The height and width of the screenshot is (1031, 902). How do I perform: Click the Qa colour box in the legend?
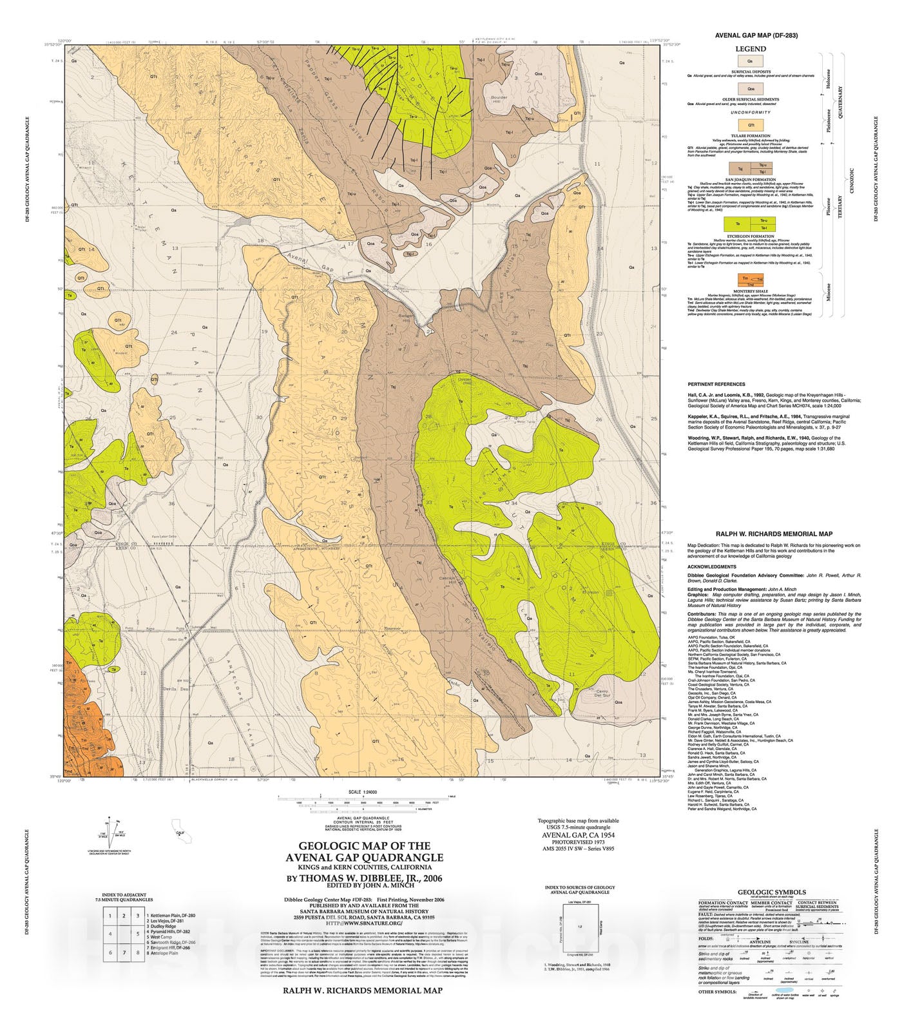coord(750,61)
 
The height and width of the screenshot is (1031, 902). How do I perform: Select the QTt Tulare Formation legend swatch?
coord(750,125)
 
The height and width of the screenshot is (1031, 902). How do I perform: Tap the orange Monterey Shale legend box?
coord(750,280)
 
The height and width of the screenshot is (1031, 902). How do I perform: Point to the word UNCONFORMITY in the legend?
coord(750,112)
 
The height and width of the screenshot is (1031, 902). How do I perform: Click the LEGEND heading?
coord(751,49)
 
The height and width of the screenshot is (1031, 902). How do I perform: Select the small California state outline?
coord(180,827)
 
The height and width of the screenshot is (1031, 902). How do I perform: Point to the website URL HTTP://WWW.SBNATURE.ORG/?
coord(363,923)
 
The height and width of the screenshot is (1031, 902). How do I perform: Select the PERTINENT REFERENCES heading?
coord(716,384)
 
